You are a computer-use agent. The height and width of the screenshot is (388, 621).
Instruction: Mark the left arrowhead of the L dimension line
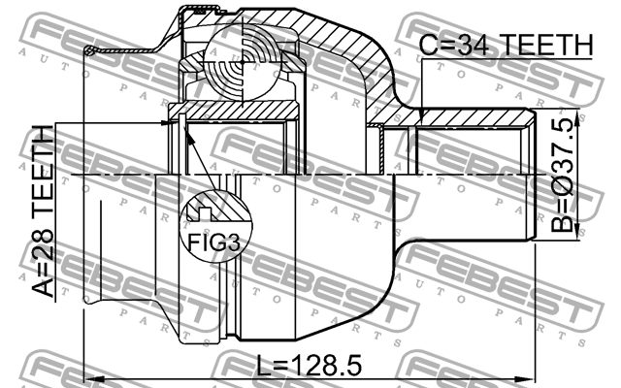[x=90, y=376]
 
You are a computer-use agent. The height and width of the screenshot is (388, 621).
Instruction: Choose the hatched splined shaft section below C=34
[x=475, y=118]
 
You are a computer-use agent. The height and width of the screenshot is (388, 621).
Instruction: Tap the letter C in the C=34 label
[x=428, y=46]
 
